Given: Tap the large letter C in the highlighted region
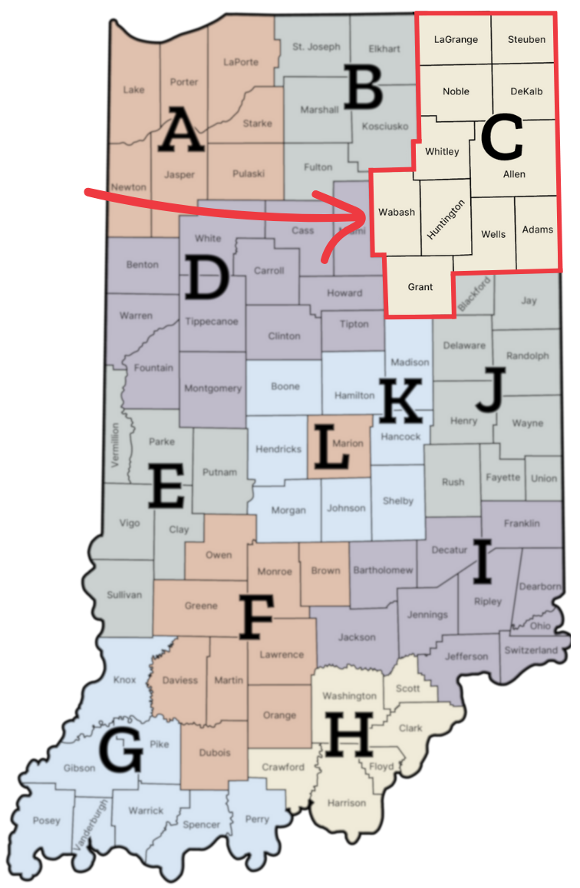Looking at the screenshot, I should (x=502, y=139).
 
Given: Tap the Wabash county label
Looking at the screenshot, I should (x=397, y=212).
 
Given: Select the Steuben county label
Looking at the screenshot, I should (x=527, y=39).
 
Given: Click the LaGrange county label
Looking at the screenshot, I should (x=456, y=39).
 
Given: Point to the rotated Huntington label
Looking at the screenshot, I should (x=446, y=220).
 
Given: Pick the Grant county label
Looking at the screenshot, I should (x=420, y=287).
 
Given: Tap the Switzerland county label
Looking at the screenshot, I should (x=531, y=650).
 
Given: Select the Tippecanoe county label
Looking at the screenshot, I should (x=211, y=322).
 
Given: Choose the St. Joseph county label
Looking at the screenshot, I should (x=316, y=47).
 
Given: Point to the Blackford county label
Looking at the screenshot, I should (x=473, y=295).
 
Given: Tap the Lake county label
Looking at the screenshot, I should (x=133, y=90).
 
